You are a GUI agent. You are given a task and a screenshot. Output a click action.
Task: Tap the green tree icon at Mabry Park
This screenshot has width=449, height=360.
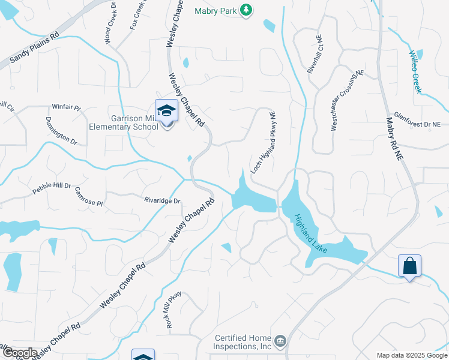coord(245,10)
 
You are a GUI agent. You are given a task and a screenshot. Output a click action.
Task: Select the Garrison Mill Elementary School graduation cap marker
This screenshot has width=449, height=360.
coord(166,111)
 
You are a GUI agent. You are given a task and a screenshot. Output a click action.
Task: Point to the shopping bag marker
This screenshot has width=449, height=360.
coord(409,266)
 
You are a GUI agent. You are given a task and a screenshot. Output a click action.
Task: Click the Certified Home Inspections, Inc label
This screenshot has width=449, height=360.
coord(243,343)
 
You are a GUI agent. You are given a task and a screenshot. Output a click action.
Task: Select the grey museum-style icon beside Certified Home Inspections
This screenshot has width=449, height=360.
coord(280,342)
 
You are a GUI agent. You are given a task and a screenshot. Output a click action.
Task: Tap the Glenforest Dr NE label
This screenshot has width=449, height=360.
coord(417,120)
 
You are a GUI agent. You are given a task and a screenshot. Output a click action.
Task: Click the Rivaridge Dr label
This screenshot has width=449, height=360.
coord(162,200)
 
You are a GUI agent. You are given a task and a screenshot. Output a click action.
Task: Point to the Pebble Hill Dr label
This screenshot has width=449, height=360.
coord(52,189)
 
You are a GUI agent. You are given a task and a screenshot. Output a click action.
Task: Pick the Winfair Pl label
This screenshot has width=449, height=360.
coord(66,107)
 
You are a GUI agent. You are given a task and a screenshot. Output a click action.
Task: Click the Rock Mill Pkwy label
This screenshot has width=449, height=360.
coord(174,309)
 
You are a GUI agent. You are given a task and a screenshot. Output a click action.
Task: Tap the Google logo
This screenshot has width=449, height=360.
coord(20,352)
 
